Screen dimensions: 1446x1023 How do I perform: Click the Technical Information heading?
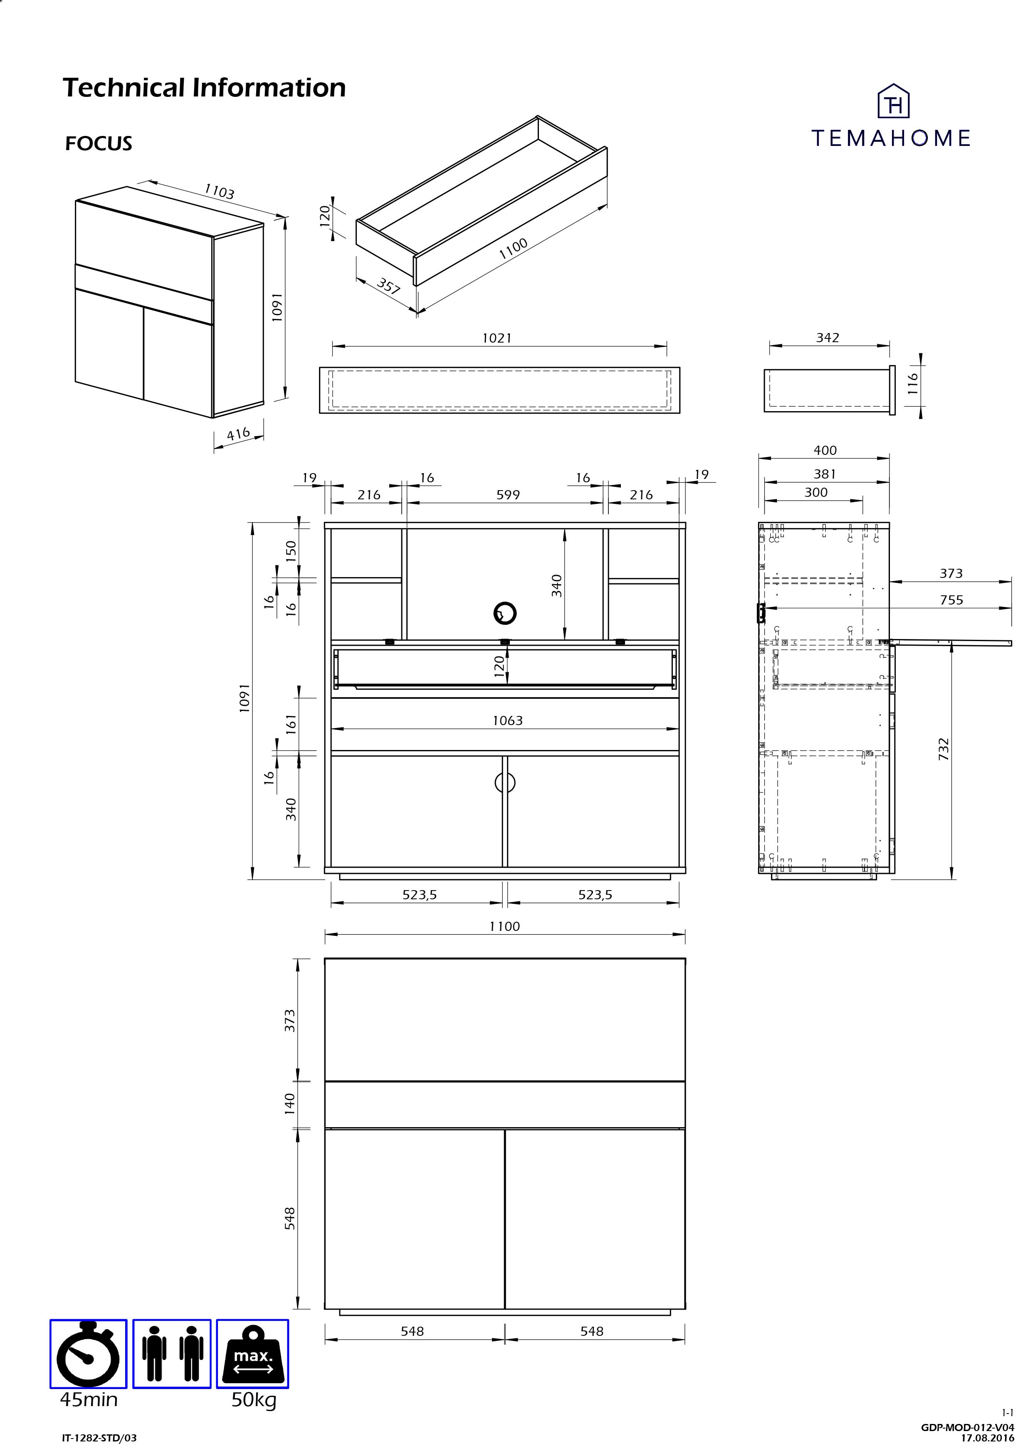[x=204, y=88]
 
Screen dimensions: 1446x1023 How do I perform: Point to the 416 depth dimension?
[x=238, y=434]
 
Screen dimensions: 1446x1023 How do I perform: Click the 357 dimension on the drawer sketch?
[x=389, y=286]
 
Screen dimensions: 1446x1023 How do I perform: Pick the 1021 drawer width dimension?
[x=497, y=338]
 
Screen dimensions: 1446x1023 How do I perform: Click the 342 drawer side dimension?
[x=827, y=338]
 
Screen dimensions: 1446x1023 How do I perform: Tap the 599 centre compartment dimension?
[x=508, y=495]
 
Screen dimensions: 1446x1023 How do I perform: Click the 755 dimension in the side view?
[x=951, y=600]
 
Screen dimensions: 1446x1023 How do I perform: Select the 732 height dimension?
[x=944, y=750]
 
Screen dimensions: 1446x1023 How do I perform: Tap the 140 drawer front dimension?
[x=290, y=1103]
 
